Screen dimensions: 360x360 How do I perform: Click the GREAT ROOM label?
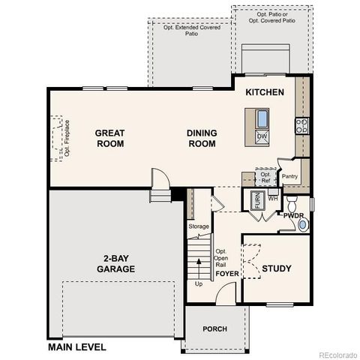pyautogui.click(x=109, y=138)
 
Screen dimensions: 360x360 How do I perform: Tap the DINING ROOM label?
pyautogui.click(x=202, y=138)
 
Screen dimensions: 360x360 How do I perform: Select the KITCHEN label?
pyautogui.click(x=265, y=92)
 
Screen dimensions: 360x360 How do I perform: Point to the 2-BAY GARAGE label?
pyautogui.click(x=115, y=263)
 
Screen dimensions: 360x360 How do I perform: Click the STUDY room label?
pyautogui.click(x=276, y=268)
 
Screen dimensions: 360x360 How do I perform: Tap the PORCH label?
pyautogui.click(x=214, y=329)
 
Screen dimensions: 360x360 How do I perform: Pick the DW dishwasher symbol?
pyautogui.click(x=262, y=136)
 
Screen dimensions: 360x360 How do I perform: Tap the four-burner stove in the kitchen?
pyautogui.click(x=301, y=126)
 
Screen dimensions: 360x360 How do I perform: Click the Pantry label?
pyautogui.click(x=290, y=177)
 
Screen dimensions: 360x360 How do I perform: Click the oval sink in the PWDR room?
pyautogui.click(x=303, y=224)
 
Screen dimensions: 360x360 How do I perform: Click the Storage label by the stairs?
pyautogui.click(x=199, y=226)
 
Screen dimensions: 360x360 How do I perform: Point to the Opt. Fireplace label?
pyautogui.click(x=67, y=138)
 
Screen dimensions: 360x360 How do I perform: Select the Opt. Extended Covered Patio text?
pyautogui.click(x=192, y=28)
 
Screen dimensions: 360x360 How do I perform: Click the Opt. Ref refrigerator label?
pyautogui.click(x=265, y=177)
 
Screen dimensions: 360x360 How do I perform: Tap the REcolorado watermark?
pyautogui.click(x=337, y=355)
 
